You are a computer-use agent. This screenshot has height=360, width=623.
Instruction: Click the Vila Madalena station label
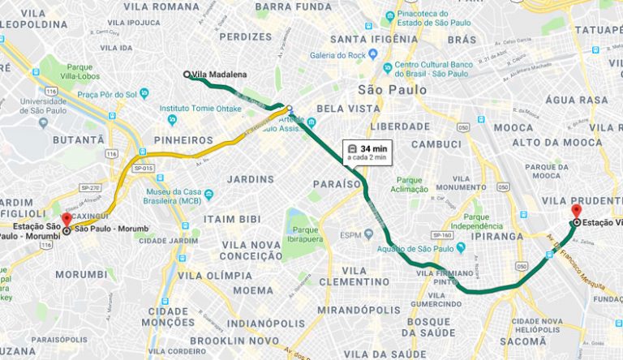(220, 75)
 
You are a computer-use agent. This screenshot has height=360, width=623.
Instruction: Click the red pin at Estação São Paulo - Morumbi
(66, 220)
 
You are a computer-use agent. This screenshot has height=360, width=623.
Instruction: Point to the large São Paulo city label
(393, 89)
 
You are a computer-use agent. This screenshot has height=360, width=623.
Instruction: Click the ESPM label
(350, 235)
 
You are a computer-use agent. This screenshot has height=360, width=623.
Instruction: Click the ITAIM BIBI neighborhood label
(230, 218)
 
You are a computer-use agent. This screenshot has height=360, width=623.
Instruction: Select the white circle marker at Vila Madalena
(187, 75)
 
